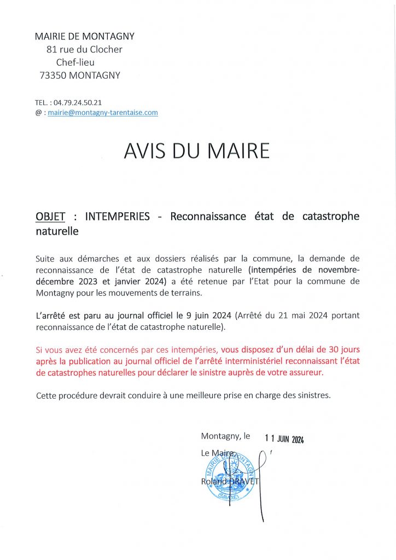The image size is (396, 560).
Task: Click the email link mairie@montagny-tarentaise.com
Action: click(103, 113)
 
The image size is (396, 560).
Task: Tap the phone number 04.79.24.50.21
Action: click(78, 102)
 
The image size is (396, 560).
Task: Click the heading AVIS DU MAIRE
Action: click(197, 151)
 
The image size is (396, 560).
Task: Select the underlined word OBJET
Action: click(50, 217)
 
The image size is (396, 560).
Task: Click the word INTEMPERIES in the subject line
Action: click(118, 217)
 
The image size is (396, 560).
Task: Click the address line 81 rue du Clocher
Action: click(84, 49)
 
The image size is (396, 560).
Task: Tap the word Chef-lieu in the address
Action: click(75, 62)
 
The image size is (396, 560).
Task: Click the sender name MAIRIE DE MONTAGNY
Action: click(84, 36)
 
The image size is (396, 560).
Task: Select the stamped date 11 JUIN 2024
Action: click(284, 439)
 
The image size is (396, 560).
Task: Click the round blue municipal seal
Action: click(229, 476)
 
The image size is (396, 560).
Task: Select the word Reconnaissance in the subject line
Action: click(208, 217)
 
